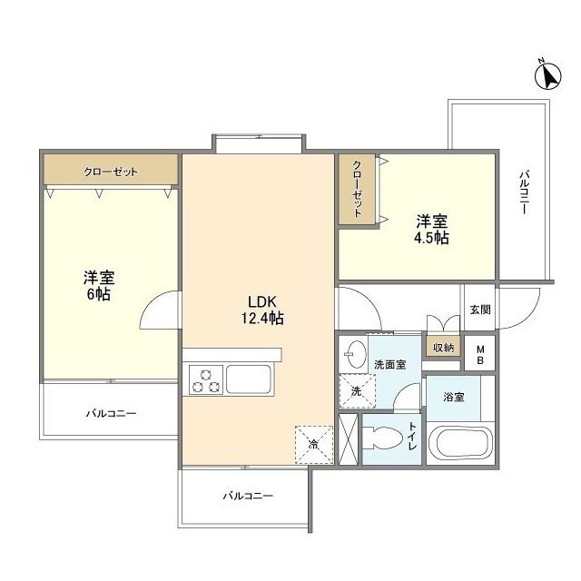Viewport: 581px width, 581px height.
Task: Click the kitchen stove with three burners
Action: [205, 379]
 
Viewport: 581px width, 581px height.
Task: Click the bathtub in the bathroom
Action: [460, 445]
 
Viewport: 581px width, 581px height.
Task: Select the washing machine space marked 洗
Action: [354, 391]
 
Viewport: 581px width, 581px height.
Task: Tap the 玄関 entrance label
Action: [479, 310]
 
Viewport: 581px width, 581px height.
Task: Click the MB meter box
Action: [481, 355]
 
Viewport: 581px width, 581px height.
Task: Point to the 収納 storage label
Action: [442, 347]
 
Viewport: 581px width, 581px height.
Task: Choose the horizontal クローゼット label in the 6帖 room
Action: [111, 171]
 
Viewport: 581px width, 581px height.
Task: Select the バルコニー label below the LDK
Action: [247, 496]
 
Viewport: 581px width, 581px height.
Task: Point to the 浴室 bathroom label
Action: [454, 397]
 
